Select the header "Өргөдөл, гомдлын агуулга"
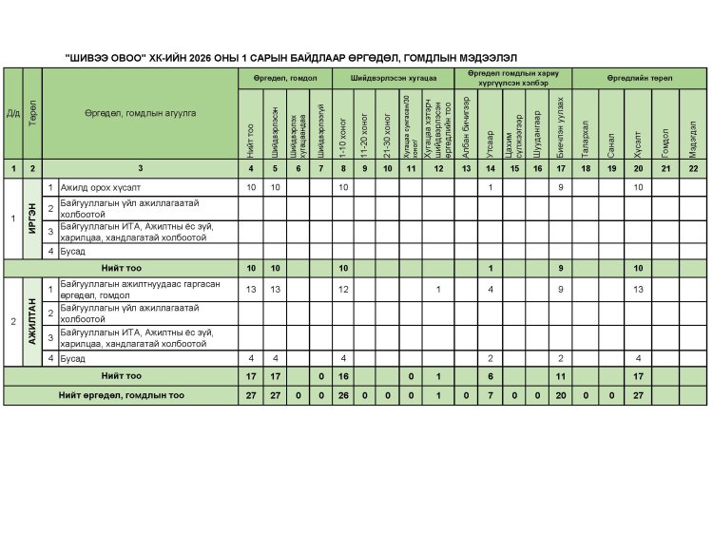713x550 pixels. (x=140, y=113)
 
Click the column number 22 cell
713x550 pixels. (x=693, y=168)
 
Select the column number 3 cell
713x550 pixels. (x=140, y=168)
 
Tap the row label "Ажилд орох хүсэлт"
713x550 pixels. (x=96, y=186)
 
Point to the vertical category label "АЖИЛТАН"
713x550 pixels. (x=32, y=321)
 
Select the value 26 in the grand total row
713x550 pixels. (x=342, y=394)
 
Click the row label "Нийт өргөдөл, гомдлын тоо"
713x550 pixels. (x=121, y=394)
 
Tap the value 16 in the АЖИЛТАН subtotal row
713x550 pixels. (x=342, y=376)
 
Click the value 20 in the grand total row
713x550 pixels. (x=561, y=394)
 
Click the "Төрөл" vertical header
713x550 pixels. (x=32, y=113)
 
